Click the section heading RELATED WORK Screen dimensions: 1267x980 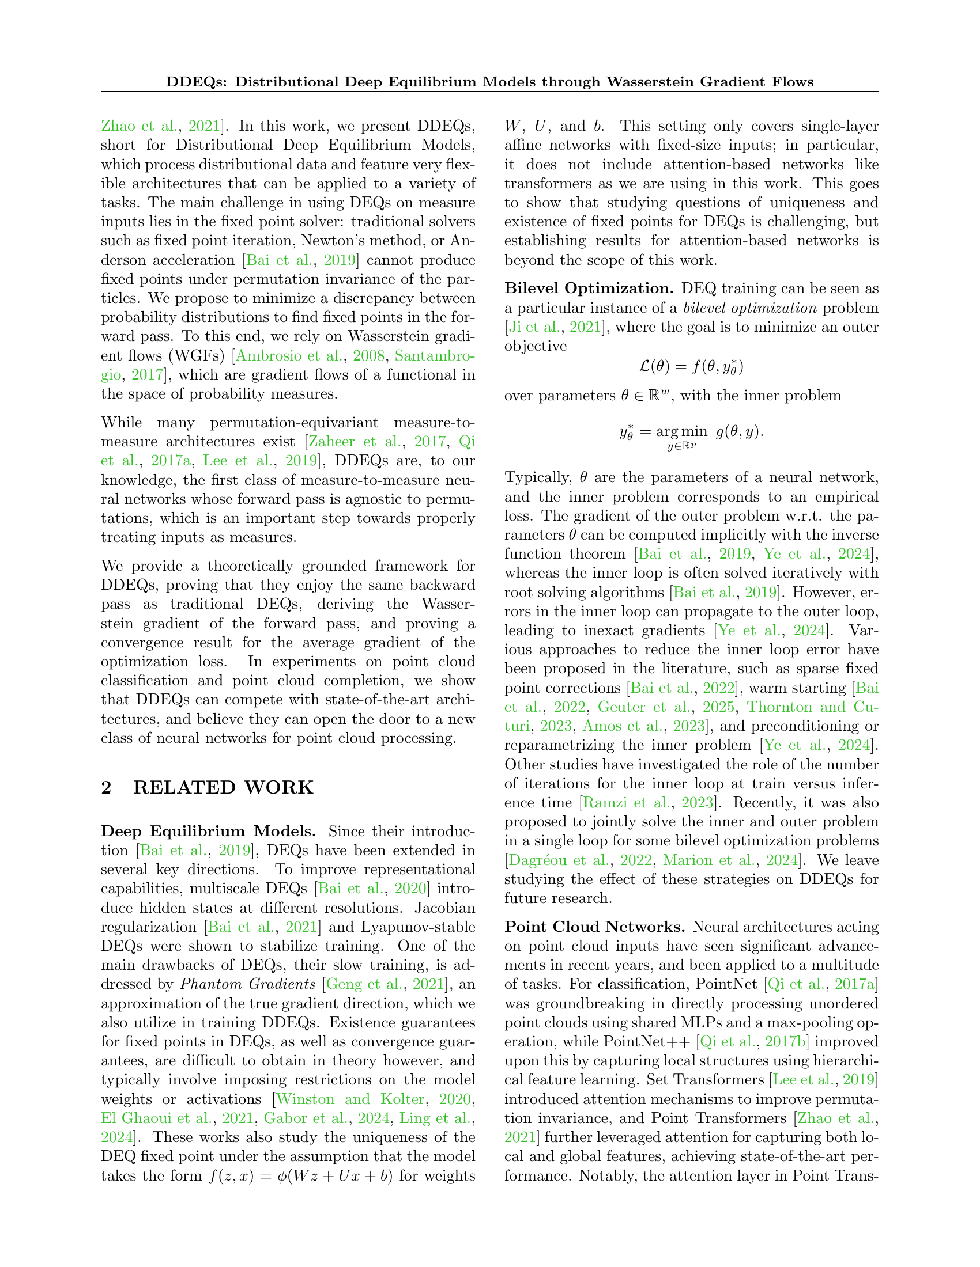pyautogui.click(x=223, y=788)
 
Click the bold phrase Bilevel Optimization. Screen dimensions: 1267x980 pyautogui.click(x=589, y=289)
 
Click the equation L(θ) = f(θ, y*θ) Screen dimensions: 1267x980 pyautogui.click(x=691, y=367)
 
